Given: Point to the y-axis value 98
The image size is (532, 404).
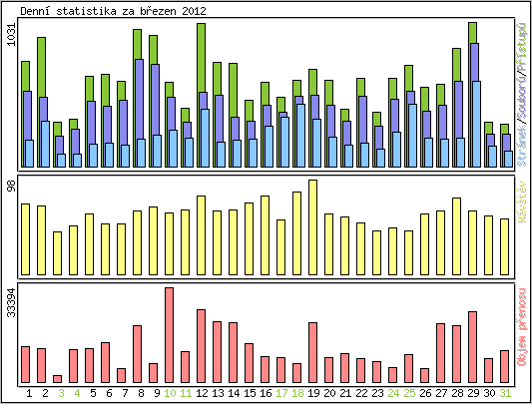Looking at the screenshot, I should point(11,186).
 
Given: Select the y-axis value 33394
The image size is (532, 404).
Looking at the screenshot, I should point(11,302).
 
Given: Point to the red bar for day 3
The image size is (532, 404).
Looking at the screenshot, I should point(57,378).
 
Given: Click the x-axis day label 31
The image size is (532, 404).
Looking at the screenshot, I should point(504,393).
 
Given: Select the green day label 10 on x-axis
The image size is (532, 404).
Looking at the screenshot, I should point(169,393).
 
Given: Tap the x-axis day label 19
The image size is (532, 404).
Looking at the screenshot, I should point(312,393).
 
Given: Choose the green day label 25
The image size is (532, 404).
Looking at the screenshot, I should point(408,393).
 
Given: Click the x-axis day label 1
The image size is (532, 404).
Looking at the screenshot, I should point(25,393).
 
